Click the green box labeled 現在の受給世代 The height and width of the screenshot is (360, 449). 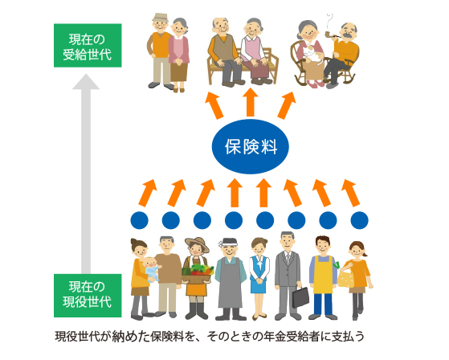tap(88, 46)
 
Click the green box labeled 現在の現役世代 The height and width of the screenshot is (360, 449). tap(88, 296)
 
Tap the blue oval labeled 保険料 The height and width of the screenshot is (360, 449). tap(251, 146)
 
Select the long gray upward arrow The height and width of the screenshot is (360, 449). tap(86, 174)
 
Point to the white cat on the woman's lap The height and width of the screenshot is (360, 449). tap(313, 54)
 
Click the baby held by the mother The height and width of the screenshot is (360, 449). tap(151, 268)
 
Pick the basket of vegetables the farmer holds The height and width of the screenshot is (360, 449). tap(198, 273)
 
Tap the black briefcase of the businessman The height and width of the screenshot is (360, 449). tap(300, 297)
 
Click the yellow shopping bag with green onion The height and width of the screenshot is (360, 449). tap(345, 277)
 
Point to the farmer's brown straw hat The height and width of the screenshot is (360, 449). tap(197, 243)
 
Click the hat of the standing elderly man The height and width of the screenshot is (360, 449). tap(161, 18)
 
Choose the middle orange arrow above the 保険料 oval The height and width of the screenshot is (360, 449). tap(251, 102)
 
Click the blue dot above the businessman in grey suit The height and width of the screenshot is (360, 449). tap(296, 220)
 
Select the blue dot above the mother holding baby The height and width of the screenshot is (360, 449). tap(139, 220)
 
